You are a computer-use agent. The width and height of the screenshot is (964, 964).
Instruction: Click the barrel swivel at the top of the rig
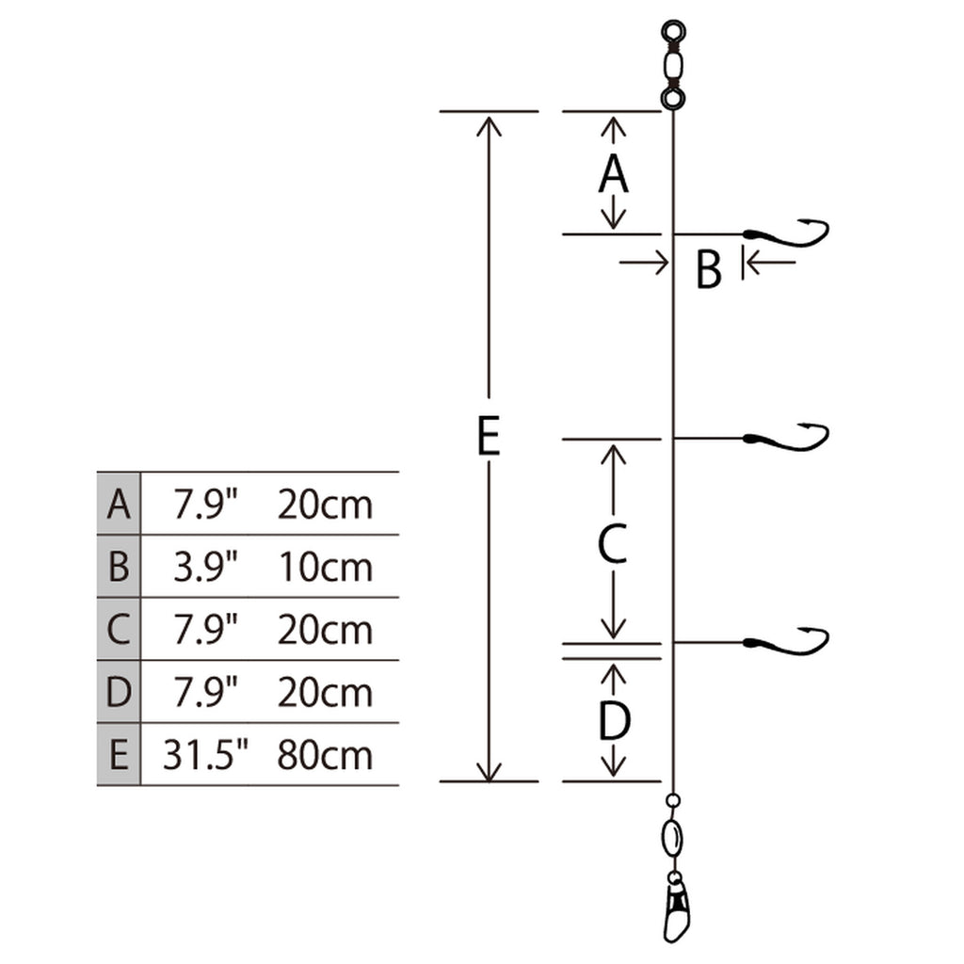pos(672,64)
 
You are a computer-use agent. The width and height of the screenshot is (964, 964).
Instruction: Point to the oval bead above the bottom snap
pos(673,837)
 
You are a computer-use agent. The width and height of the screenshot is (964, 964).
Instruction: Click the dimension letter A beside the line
pos(613,174)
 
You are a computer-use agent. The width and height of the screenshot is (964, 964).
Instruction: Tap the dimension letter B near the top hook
pos(708,268)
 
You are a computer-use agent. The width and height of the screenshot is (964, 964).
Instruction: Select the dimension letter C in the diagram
pos(612,543)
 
